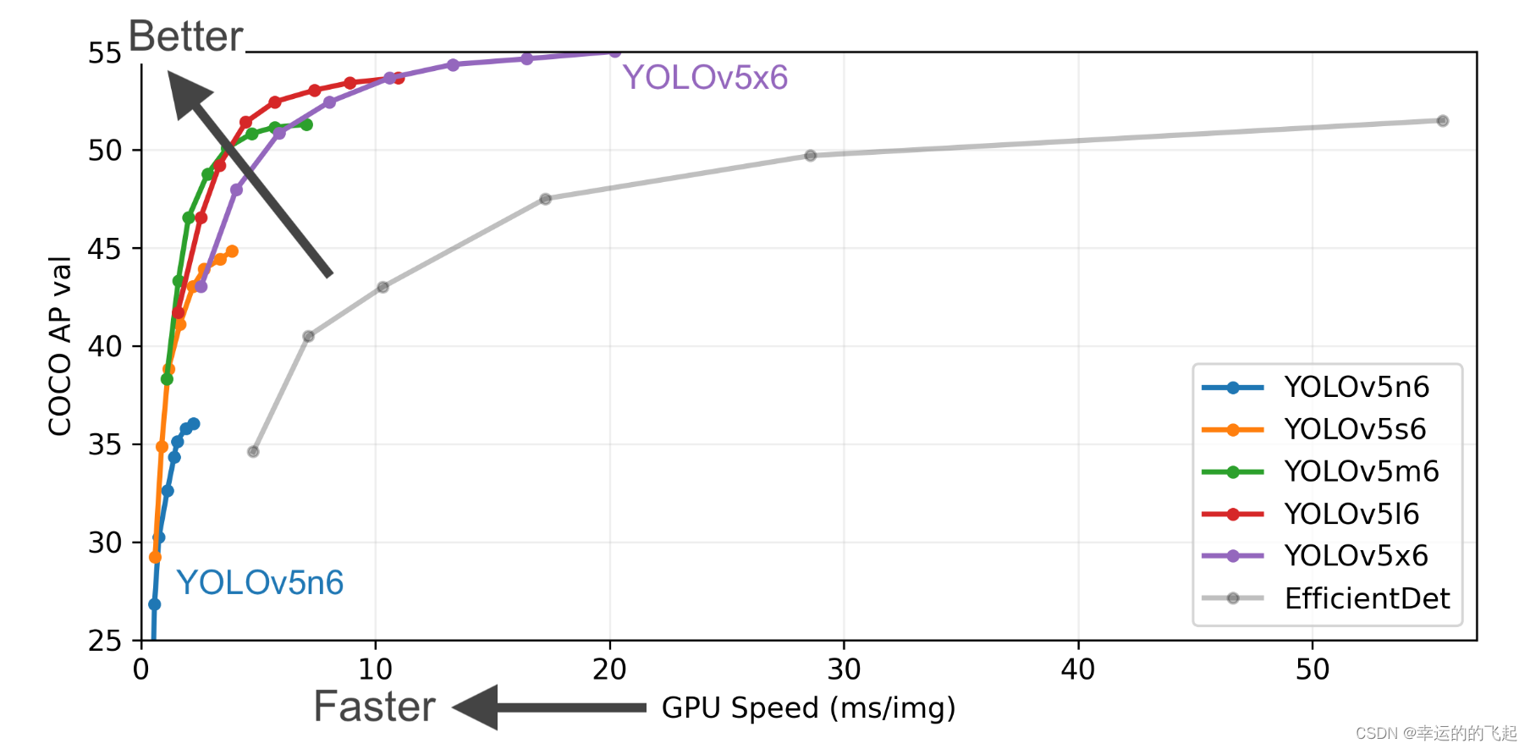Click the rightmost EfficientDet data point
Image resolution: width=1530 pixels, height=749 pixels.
[x=1443, y=121]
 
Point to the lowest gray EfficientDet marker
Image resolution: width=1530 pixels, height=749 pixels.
[x=253, y=452]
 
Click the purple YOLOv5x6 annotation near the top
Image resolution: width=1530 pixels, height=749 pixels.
[x=705, y=78]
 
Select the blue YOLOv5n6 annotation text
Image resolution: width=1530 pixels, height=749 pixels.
[x=259, y=583]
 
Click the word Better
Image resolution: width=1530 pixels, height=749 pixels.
[x=185, y=37]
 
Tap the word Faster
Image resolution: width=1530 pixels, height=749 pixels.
[x=374, y=707]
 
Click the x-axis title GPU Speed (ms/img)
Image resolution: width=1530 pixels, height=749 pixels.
[x=808, y=708]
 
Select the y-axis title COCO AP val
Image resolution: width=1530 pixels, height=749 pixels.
[x=59, y=346]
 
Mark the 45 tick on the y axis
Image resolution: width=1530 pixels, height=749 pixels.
[x=105, y=249]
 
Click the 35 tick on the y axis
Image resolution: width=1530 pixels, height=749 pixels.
[x=105, y=445]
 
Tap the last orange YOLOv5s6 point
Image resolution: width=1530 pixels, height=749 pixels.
[x=232, y=251]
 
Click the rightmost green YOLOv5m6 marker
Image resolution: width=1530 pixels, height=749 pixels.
[x=306, y=125]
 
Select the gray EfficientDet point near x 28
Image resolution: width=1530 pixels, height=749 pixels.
[x=811, y=156]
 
